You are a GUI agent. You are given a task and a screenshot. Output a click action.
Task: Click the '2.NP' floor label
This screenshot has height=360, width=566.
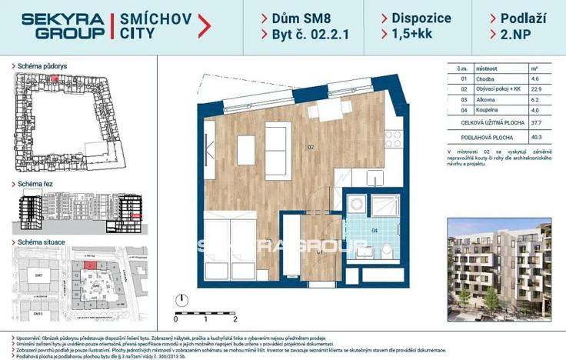tap(516, 35)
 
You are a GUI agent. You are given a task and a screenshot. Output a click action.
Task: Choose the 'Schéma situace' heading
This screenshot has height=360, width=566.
tap(48, 242)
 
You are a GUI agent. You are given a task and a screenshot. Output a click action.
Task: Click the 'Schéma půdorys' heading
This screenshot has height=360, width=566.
tap(48, 66)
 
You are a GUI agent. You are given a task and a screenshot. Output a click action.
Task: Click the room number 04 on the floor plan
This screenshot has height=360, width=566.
tap(375, 229)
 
